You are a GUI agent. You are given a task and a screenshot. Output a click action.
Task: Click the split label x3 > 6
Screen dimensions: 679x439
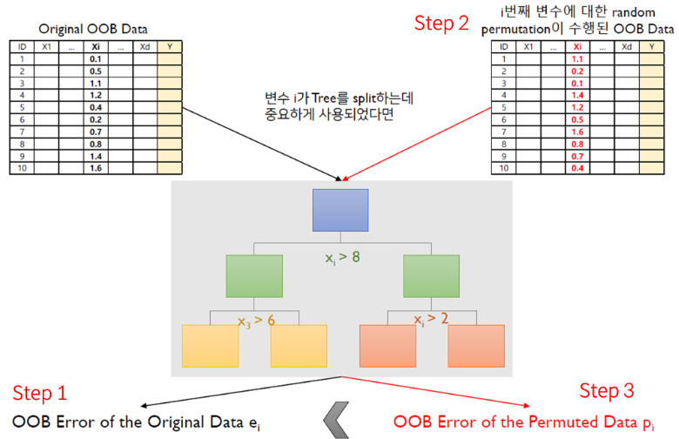256,321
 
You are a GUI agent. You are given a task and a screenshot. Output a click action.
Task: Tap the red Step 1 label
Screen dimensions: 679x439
38,393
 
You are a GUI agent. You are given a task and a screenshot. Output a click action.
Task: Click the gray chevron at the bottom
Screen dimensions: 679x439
339,422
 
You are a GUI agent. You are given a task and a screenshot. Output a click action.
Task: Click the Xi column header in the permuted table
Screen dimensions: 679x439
576,46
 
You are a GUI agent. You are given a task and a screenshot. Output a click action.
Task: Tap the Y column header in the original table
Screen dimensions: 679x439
170,46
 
